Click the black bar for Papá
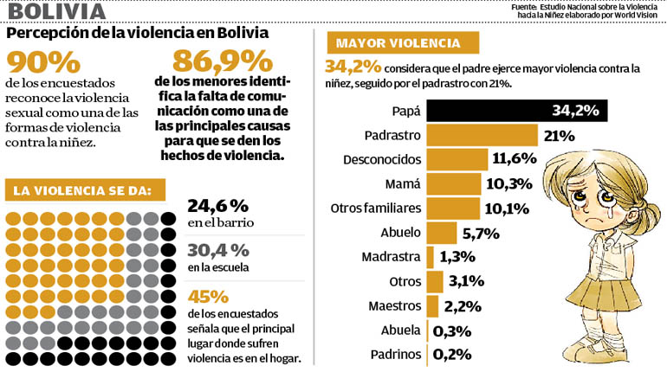pos(517,111)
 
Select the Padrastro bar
pos(482,136)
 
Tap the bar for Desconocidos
pos(457,160)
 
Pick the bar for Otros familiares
pos(453,208)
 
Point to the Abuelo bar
pos(442,233)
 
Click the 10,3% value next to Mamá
pos(509,184)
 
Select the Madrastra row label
pos(391,257)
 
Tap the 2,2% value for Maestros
pos(463,306)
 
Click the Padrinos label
pos(396,354)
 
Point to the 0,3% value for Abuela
pos(452,331)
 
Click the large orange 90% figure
pos(43,63)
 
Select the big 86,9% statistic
pos(223,61)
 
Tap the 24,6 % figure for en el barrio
pos(217,206)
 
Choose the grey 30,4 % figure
pos(218,251)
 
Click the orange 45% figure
pos(208,297)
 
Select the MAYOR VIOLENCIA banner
pos(403,43)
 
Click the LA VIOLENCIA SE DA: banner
pos(85,189)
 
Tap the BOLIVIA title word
pos(57,11)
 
